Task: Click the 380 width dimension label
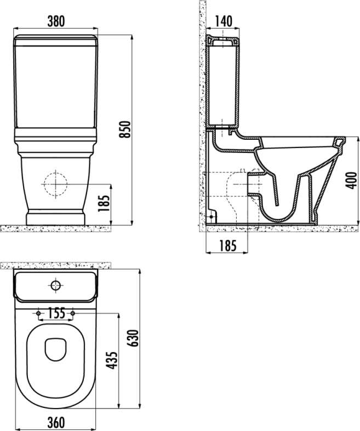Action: point(56,21)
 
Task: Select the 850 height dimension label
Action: point(125,129)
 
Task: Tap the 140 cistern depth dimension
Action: point(223,21)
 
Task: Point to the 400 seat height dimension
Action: point(351,180)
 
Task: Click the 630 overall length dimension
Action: point(134,338)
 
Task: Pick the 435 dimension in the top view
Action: point(111,360)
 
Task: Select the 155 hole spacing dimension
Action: point(56,313)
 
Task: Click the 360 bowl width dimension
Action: point(56,422)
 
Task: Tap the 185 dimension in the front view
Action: point(104,203)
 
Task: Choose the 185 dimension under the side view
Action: point(227,246)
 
